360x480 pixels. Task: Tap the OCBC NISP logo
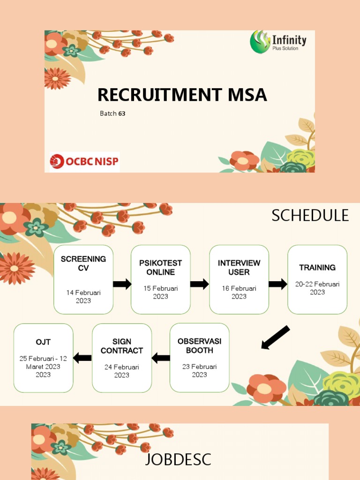[x=85, y=162]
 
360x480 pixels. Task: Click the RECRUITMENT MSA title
[x=182, y=95]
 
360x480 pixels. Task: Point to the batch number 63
[x=122, y=113]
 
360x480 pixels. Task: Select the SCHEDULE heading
[x=310, y=215]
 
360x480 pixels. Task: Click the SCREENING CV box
[x=83, y=279]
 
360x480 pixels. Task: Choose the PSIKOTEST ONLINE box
[x=161, y=279]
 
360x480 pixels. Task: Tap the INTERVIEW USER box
[x=239, y=279]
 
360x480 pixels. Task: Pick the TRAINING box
[x=317, y=279]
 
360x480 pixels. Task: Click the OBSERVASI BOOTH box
[x=200, y=358]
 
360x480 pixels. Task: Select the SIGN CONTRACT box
[x=122, y=358]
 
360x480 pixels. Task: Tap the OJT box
[x=44, y=358]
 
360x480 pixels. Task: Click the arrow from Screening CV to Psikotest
[x=122, y=284]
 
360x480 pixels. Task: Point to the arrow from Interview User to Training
[x=277, y=284]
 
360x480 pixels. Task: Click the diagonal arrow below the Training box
[x=275, y=337]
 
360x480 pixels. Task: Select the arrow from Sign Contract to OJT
[x=82, y=358]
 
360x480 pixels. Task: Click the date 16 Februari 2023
[x=239, y=292]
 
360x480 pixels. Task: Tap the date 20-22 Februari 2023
[x=317, y=288]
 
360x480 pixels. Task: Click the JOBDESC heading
[x=178, y=459]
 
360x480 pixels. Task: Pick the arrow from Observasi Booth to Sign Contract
[x=161, y=358]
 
